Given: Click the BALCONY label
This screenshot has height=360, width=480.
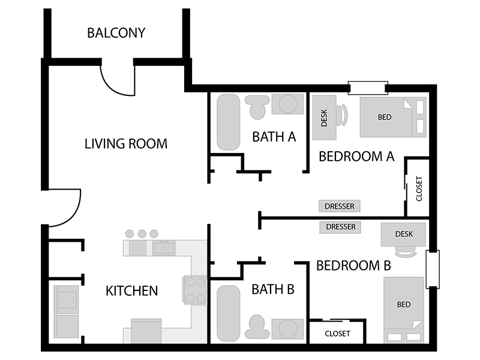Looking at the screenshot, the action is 116,33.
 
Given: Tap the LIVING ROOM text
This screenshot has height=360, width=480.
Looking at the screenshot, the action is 126,144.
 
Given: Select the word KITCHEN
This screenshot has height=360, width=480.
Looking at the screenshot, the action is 131,291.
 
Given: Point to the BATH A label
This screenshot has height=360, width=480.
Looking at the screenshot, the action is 274,137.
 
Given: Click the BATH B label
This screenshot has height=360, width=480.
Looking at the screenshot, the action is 273,289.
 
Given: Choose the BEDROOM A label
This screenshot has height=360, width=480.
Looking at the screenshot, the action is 356,157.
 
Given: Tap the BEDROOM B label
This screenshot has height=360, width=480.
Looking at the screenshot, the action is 353,265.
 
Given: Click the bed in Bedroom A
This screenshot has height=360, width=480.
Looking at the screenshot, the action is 393,117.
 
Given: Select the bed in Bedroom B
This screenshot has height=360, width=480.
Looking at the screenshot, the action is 404,310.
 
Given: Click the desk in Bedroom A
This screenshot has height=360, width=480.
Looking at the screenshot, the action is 324,118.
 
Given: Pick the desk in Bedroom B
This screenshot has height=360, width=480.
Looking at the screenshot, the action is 403,235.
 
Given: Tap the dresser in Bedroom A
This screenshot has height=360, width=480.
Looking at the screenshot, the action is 340,206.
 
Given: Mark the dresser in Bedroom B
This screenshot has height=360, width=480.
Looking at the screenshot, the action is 340,227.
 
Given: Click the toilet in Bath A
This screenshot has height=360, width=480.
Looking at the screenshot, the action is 257,107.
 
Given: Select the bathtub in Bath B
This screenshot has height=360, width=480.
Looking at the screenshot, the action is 229,313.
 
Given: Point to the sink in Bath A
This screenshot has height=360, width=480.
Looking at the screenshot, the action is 288,104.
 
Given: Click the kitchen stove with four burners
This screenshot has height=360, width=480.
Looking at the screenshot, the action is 194,290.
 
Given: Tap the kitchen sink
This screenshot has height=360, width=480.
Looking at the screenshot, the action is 164,248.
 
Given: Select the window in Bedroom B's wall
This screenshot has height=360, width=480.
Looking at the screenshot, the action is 433,269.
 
